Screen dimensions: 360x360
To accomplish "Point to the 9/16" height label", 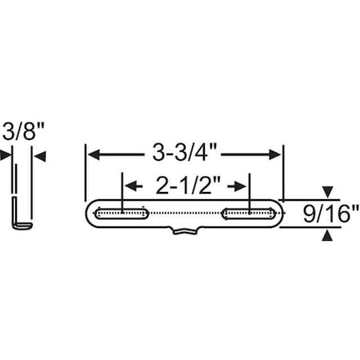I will pos(328,214).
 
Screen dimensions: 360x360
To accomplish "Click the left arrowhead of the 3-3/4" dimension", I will pos(92,153).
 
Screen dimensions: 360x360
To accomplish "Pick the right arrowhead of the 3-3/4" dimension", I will pos(277,153).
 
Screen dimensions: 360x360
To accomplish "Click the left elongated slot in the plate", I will pos(120,214).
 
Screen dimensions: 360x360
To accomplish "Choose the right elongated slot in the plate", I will pos(250,214).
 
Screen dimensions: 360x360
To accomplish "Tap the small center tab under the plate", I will pos(185,231).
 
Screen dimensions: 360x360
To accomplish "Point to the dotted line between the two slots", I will pos(185,214).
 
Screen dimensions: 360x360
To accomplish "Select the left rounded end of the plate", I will pos(88,214).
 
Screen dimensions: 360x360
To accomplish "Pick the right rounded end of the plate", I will pos(282,214).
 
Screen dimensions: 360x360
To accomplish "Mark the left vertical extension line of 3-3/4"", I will pos(85,172).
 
